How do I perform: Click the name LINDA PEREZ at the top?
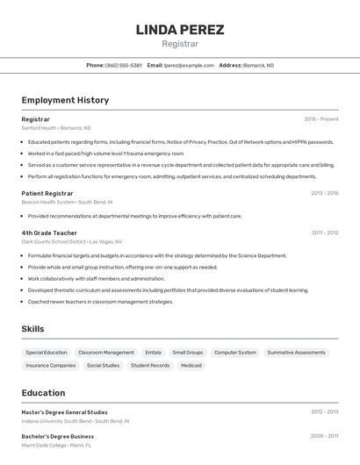point(180,30)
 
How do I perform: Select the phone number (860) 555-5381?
point(124,65)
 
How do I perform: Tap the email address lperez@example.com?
point(189,65)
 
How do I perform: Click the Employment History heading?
point(65,100)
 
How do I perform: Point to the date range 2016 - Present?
point(321,119)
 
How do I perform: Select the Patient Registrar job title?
point(47,193)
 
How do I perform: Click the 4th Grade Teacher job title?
point(49,232)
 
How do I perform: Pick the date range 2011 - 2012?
point(325,232)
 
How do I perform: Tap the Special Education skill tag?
point(47,353)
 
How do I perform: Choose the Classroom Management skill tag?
point(106,353)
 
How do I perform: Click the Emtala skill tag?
point(154,353)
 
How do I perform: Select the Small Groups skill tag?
point(188,353)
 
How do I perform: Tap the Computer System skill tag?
point(235,353)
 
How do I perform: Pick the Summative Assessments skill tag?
point(296,353)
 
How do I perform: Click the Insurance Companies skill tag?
point(51,366)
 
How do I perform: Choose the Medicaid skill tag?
point(191,366)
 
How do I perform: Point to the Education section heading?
point(43,393)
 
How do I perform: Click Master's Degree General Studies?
point(65,411)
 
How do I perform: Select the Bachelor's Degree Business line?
point(58,436)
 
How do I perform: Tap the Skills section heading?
point(33,329)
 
